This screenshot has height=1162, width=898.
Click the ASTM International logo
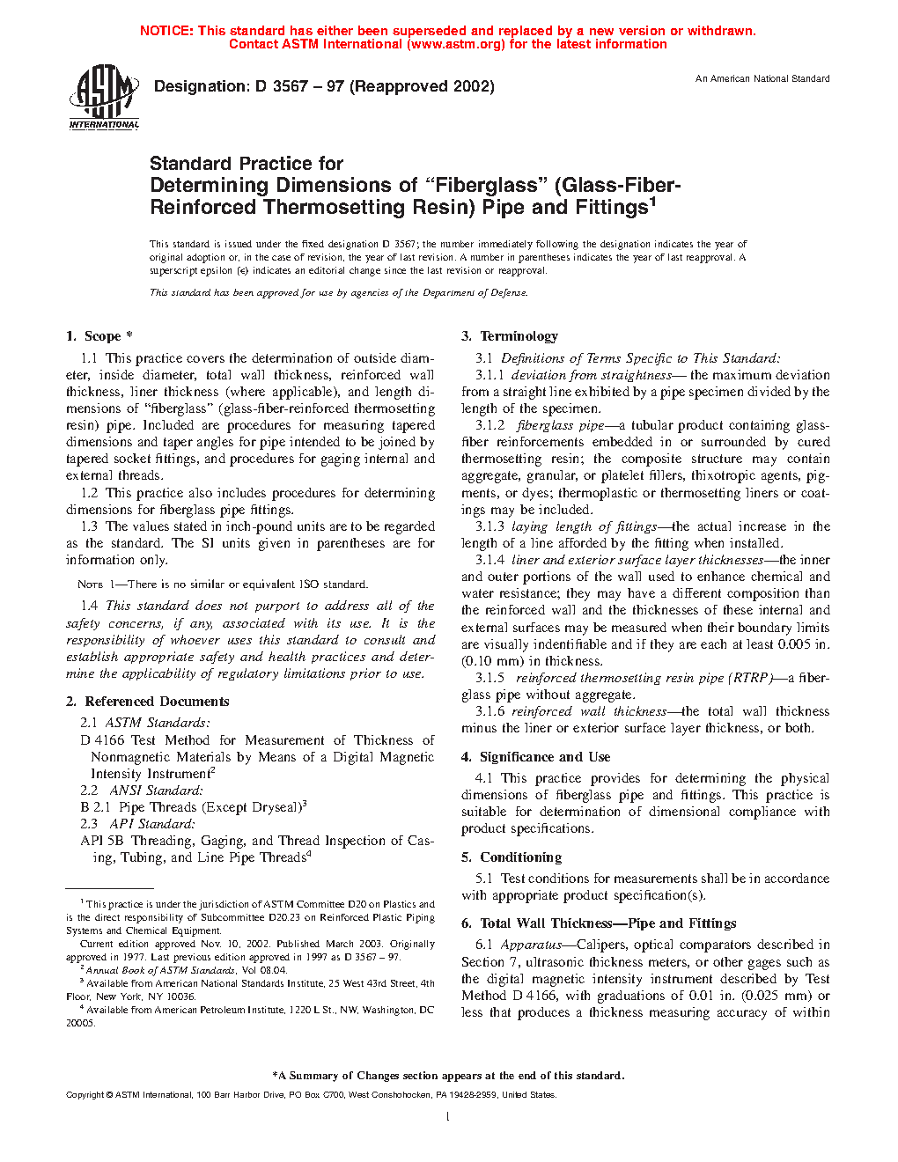104,97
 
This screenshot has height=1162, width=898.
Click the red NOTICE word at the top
166,31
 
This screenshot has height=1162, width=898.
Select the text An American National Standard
762,79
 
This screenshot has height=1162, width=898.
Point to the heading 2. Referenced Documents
148,702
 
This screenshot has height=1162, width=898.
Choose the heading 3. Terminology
510,336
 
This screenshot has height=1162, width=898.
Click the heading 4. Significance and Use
535,757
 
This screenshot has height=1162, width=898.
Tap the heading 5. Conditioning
512,857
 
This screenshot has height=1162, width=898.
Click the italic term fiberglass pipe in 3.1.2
561,425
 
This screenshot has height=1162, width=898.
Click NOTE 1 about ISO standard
91,585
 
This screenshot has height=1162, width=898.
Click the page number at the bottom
448,1117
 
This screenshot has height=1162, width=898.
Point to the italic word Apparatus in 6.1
531,945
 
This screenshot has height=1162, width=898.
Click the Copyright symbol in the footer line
109,1095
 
